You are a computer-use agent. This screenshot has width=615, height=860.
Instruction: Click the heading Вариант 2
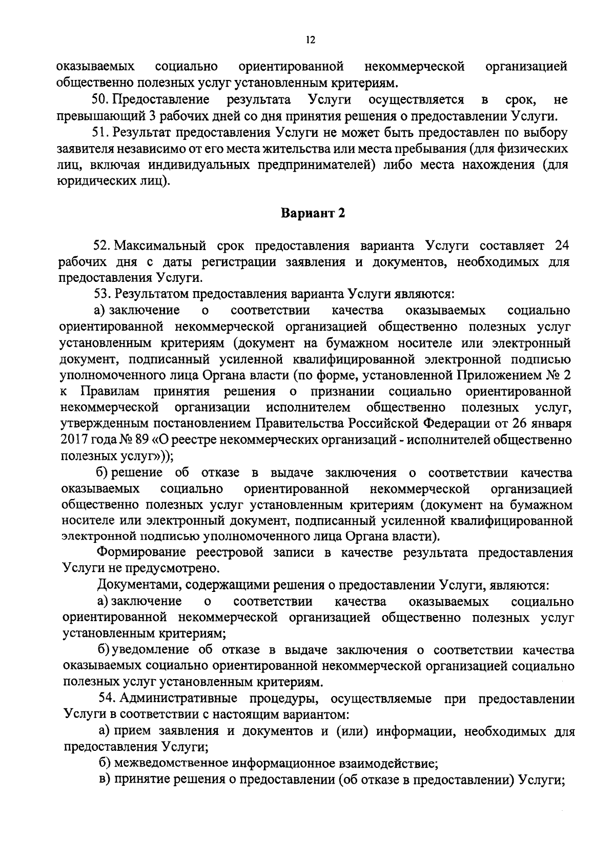point(313,214)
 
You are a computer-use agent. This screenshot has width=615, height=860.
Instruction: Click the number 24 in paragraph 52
point(562,245)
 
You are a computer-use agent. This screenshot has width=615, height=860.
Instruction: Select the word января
point(552,424)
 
